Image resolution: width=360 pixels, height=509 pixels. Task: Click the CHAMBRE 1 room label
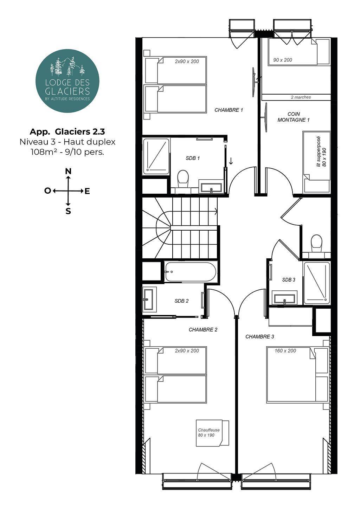pyautogui.click(x=229, y=110)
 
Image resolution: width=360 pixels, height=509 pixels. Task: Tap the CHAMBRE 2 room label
pyautogui.click(x=203, y=329)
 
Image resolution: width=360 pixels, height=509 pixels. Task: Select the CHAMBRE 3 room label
pyautogui.click(x=260, y=336)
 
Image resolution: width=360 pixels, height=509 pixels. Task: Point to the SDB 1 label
pyautogui.click(x=193, y=158)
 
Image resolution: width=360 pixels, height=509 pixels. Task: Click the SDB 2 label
pyautogui.click(x=182, y=301)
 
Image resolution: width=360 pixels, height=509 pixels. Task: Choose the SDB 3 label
pyautogui.click(x=289, y=280)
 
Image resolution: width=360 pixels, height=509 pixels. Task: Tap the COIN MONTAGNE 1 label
pyautogui.click(x=294, y=117)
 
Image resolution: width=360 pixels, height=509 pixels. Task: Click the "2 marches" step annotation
pyautogui.click(x=301, y=97)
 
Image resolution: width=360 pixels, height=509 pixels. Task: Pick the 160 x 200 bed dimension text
pyautogui.click(x=285, y=350)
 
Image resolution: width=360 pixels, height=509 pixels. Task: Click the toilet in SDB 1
pyautogui.click(x=183, y=179)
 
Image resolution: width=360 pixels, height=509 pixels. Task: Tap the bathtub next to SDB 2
pyautogui.click(x=191, y=272)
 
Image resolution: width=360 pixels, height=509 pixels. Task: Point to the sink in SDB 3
pyautogui.click(x=284, y=298)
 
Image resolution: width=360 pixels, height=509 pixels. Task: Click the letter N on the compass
pyautogui.click(x=68, y=171)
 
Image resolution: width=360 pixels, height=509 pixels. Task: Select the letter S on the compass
pyautogui.click(x=68, y=211)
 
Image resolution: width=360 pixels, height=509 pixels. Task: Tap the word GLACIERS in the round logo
pyautogui.click(x=67, y=91)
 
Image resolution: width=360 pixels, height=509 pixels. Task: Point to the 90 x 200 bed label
pyautogui.click(x=283, y=60)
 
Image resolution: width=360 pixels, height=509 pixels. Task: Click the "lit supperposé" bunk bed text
pyautogui.click(x=319, y=152)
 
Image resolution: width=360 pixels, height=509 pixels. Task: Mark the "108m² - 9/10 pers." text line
pyautogui.click(x=67, y=152)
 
